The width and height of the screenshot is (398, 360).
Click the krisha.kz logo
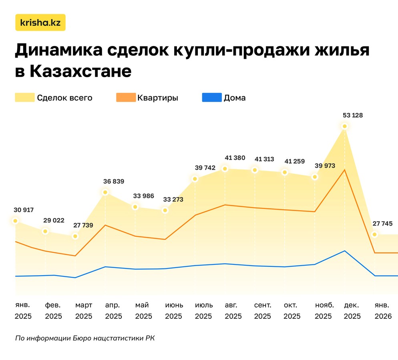tap(40, 23)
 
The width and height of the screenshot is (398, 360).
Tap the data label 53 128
tap(353, 116)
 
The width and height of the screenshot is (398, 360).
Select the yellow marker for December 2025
tap(344, 126)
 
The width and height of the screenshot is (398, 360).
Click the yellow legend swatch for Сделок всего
tap(24, 98)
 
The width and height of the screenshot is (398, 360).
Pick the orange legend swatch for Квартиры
tap(125, 98)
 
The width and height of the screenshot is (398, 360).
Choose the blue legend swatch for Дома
tap(212, 98)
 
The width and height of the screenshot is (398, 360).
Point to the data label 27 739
tap(83, 225)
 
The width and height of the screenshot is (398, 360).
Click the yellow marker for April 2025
tap(105, 192)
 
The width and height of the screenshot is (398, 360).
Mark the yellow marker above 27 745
tap(375, 234)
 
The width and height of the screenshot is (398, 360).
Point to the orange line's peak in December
tap(344, 170)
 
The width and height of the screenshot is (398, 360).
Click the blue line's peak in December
tap(344, 251)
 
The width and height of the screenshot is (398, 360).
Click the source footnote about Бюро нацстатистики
tap(84, 338)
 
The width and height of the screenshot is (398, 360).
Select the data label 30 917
tap(24, 210)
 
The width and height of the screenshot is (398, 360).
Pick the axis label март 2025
tap(84, 311)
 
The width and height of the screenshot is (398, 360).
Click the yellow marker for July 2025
tap(195, 179)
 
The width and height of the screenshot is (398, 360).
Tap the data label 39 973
tap(325, 166)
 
